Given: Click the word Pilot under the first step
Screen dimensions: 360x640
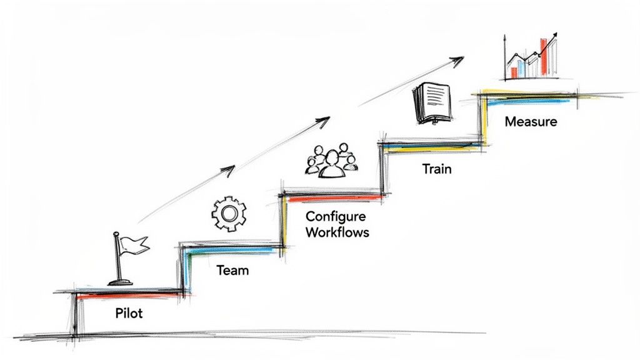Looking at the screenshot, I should [129, 312].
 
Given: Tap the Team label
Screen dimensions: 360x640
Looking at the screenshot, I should [232, 271].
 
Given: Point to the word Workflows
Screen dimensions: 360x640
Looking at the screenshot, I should [337, 232].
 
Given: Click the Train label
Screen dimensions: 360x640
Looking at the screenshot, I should [436, 169].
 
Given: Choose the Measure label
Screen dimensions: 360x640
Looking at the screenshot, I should [531, 121].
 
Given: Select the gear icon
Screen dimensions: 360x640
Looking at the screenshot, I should [229, 214].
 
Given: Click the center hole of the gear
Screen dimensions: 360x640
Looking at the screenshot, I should [229, 214].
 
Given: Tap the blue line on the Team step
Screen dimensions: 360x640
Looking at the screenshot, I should [231, 249].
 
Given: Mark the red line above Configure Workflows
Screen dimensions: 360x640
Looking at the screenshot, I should [331, 197].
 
